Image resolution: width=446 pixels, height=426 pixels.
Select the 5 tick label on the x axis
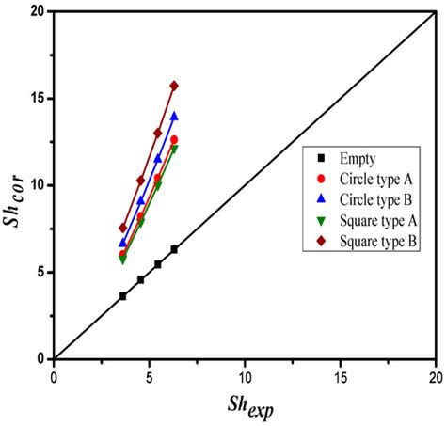pos(149,375)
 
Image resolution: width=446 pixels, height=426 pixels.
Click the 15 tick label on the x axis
pos(340,375)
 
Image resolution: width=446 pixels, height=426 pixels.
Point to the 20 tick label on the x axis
pos(435,375)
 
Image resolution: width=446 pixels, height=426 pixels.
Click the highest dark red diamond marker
pos(174,86)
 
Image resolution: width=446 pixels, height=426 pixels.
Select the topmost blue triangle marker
pos(174,117)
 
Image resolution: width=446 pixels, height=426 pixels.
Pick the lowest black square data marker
pos(122,296)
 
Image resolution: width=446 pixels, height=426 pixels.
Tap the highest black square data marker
pos(174,249)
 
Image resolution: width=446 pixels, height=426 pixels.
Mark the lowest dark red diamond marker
pos(122,228)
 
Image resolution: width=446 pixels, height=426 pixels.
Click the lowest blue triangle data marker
pos(122,243)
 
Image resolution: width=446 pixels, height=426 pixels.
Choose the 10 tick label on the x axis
pos(245,375)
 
